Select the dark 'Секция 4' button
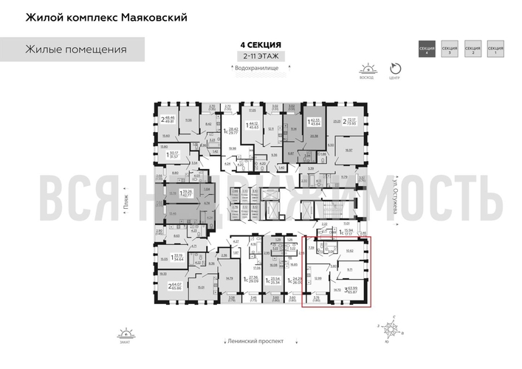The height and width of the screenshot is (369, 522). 426,49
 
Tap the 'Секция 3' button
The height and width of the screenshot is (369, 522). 449,49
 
